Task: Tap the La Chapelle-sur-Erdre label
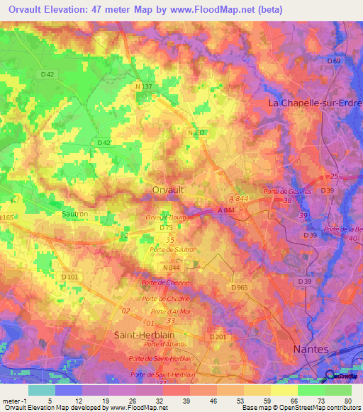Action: point(314,103)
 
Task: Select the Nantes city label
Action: point(311,349)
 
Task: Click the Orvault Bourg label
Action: point(167,218)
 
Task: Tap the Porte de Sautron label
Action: point(174,250)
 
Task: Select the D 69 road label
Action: point(333,62)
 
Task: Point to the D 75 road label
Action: point(167,228)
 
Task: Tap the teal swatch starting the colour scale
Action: point(41,390)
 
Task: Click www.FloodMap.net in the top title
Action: point(220,9)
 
